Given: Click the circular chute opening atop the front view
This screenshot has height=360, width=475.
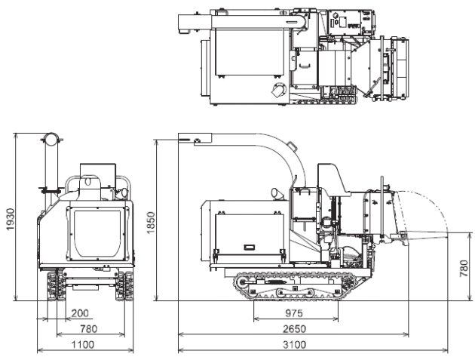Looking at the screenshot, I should (50, 139).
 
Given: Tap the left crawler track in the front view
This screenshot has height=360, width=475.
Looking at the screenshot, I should (54, 288).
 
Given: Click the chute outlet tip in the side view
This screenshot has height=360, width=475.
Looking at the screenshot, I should (188, 139).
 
